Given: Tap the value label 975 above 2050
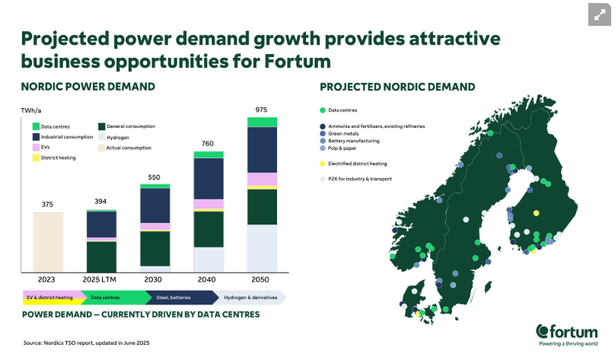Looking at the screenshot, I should [262, 109].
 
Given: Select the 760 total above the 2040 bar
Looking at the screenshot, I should [208, 143].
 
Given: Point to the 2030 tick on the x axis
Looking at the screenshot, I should [155, 279].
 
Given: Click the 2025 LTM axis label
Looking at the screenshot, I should [101, 279].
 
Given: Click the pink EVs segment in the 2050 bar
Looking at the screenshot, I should [262, 180].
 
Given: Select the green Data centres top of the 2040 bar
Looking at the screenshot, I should [209, 155].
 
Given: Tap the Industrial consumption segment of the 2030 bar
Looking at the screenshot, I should [155, 205].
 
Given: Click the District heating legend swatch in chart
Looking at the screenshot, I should [36, 158].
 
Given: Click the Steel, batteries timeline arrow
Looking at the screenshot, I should [184, 297].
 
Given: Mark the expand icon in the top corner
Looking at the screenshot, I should [599, 14].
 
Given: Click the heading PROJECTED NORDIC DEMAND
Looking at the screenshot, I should [397, 87].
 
